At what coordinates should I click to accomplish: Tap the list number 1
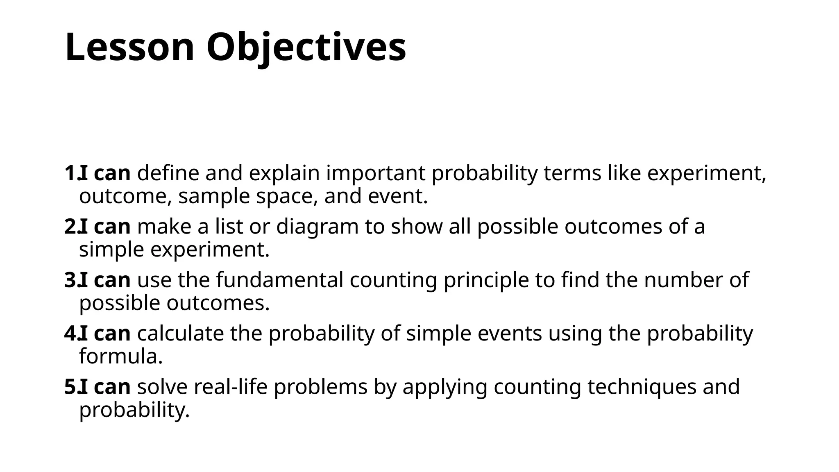tap(70, 173)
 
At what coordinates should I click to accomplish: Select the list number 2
tap(70, 227)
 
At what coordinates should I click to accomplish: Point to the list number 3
tap(70, 280)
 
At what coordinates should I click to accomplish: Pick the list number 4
tap(70, 334)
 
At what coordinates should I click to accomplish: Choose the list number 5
tap(70, 387)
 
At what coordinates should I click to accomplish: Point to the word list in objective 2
tap(229, 227)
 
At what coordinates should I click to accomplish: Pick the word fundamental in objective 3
tap(280, 280)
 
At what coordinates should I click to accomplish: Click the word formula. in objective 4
tap(121, 356)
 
